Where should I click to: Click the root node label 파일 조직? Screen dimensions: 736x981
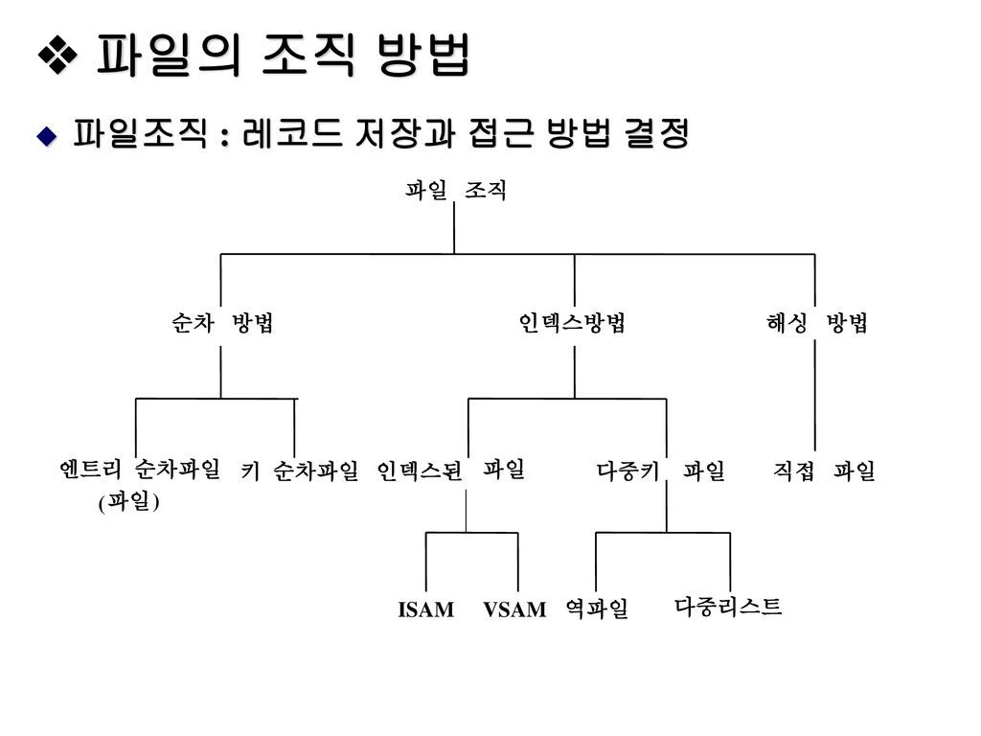pyautogui.click(x=454, y=191)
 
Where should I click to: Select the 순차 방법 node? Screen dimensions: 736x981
pyautogui.click(x=222, y=324)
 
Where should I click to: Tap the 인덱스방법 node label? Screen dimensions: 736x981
pyautogui.click(x=573, y=324)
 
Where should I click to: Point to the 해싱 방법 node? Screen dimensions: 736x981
pyautogui.click(x=816, y=324)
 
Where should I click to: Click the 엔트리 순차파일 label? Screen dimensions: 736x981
pyautogui.click(x=139, y=469)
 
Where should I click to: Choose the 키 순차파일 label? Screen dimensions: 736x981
pyautogui.click(x=299, y=471)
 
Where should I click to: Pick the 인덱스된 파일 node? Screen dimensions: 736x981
pyautogui.click(x=450, y=470)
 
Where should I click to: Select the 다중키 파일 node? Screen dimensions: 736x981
pyautogui.click(x=660, y=471)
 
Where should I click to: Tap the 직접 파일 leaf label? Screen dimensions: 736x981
pyautogui.click(x=824, y=471)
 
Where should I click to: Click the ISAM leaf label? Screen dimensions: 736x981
pyautogui.click(x=425, y=609)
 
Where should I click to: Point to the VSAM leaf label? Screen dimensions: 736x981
pyautogui.click(x=514, y=609)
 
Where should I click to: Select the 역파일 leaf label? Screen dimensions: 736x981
pyautogui.click(x=596, y=609)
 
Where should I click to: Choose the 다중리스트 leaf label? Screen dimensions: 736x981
pyautogui.click(x=728, y=606)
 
